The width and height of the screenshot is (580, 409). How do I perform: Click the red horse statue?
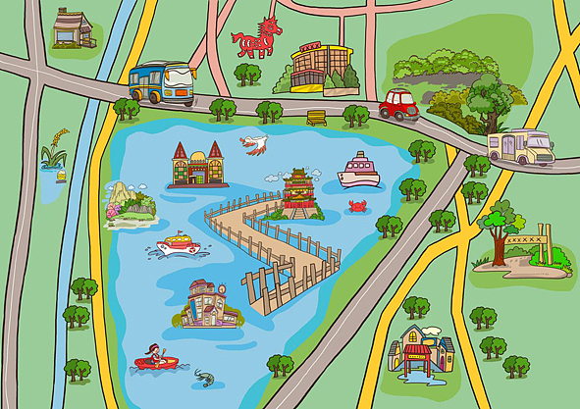point(256,38)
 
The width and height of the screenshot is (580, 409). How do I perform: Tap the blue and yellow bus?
point(161,83)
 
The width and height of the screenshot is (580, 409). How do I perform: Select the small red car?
point(399,104)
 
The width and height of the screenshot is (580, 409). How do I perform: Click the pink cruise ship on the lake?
point(358,172)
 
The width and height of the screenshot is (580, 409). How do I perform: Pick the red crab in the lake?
point(357,207)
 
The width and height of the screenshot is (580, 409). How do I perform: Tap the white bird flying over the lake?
point(254,144)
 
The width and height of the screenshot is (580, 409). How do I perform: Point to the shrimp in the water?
point(204,376)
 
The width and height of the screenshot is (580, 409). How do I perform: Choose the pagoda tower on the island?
point(296,193)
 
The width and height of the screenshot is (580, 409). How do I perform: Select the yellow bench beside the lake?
point(316,118)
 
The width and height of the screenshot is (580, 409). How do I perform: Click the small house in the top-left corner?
point(73,28)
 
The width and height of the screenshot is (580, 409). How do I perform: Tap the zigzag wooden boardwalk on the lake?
point(270,250)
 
